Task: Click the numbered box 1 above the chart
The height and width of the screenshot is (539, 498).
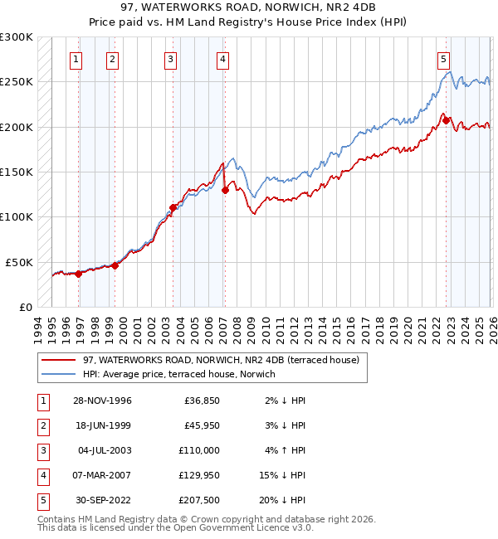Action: tap(76, 59)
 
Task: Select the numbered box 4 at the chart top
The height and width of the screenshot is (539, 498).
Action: tap(224, 59)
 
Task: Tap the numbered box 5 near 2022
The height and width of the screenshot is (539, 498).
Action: tap(443, 59)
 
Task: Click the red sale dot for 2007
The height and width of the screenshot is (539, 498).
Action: tap(225, 190)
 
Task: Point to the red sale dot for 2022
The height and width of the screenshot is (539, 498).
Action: tap(447, 120)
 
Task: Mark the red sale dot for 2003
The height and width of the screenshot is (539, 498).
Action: tap(173, 207)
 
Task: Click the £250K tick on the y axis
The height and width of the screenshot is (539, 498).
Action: tap(17, 82)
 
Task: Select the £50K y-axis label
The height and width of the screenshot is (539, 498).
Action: tap(20, 262)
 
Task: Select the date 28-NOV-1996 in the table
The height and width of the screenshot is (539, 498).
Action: tap(101, 401)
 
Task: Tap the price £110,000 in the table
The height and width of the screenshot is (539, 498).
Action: tap(199, 450)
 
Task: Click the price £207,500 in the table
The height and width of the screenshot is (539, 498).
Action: tap(199, 500)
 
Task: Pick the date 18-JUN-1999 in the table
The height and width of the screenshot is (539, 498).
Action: tap(101, 425)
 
